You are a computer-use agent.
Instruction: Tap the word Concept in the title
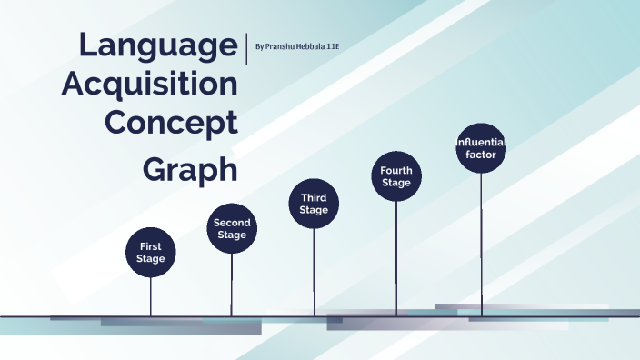(172, 122)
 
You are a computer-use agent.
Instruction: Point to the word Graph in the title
(191, 169)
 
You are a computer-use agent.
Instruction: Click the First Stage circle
(151, 252)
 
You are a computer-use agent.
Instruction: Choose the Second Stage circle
(232, 228)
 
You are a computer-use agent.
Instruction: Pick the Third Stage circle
(314, 204)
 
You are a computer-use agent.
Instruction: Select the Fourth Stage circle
(396, 175)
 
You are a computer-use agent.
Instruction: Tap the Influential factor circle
(480, 148)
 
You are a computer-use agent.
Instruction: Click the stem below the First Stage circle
(151, 296)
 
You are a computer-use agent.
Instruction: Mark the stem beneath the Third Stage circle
(314, 272)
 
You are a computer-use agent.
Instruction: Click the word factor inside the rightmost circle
(480, 155)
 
